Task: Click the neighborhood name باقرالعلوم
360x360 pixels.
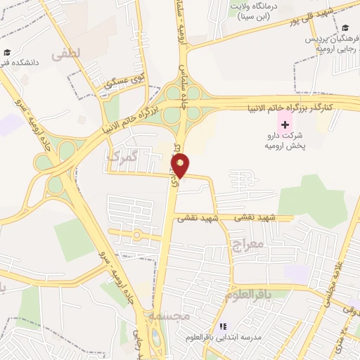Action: pos(249,295)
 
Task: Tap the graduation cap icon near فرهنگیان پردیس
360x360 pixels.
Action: pos(345,27)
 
